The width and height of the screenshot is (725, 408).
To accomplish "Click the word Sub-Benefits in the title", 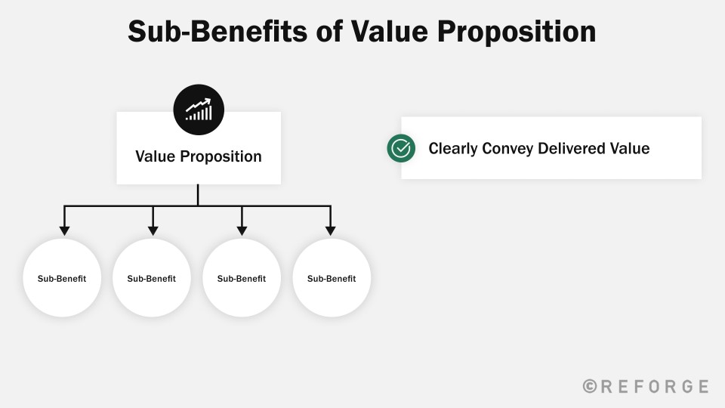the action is pos(217,32).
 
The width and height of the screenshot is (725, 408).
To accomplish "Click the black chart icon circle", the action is pos(199,110).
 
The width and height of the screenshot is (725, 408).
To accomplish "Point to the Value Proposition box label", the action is pos(199,156).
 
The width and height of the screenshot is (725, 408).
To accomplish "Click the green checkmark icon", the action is pos(401,148).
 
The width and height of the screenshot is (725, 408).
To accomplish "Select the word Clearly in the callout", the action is pos(452,149).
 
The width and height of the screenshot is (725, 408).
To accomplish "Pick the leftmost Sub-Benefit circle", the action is pos(62,278).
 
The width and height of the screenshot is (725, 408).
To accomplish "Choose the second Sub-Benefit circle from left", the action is pos(152,278).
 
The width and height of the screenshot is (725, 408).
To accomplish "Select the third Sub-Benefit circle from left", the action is pos(242,278).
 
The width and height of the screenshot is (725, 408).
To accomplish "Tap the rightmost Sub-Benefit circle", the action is pos(332,278).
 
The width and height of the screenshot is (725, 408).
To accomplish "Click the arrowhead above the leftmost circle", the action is pos(64,230).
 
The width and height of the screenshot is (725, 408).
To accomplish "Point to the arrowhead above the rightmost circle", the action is pos(330,230).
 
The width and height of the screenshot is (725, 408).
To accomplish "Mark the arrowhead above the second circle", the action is pos(153,230).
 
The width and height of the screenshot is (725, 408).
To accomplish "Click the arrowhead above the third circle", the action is pos(242,230).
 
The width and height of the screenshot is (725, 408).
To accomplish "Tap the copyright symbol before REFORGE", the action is pos(590,386).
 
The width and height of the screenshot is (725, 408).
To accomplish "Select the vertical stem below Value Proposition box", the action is pos(198,195).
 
